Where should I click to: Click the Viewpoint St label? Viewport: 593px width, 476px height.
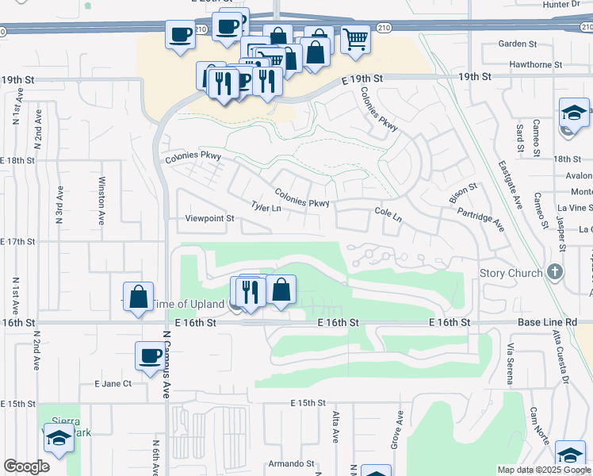(209, 218)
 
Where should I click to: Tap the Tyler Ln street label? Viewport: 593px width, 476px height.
(266, 207)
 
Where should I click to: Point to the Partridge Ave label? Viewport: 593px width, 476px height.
(480, 219)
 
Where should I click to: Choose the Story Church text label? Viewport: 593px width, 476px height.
(512, 273)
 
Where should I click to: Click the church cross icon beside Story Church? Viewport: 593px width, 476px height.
(555, 272)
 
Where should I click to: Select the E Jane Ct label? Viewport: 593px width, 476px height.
(112, 383)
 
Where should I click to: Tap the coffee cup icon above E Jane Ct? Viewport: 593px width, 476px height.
(149, 355)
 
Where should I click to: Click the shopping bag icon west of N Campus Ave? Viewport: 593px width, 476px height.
(138, 297)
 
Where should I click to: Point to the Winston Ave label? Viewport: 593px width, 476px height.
(101, 202)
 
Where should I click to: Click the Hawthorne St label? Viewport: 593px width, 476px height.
(535, 64)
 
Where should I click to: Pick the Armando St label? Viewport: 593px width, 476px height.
(286, 463)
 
